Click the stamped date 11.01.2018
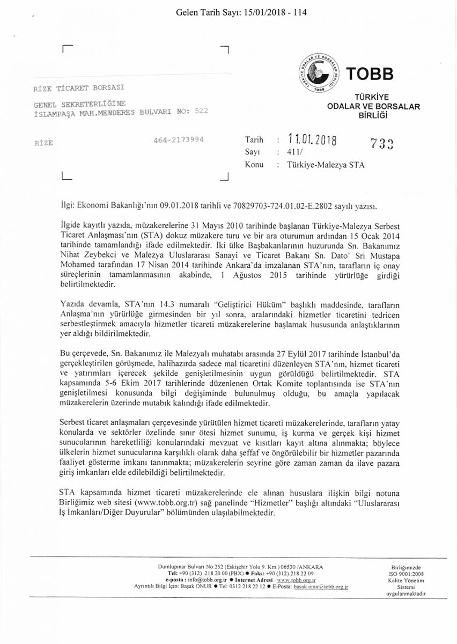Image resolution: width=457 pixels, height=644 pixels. pyautogui.click(x=312, y=141)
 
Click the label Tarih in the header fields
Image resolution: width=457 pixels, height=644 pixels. pyautogui.click(x=254, y=140)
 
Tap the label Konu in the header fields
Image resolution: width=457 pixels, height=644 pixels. pyautogui.click(x=254, y=165)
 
